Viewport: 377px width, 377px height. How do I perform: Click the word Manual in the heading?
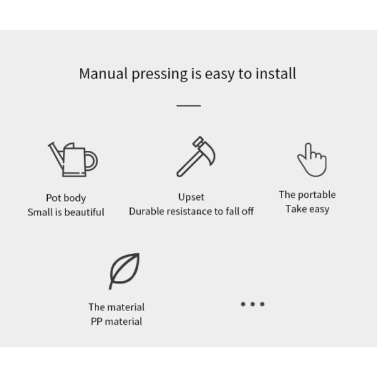click(x=104, y=74)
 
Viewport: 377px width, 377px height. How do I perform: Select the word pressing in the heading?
click(x=160, y=75)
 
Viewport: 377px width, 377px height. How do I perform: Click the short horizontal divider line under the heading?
click(x=188, y=106)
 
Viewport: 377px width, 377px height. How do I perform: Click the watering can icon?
click(x=73, y=160)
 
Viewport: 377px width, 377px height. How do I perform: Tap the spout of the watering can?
click(x=56, y=155)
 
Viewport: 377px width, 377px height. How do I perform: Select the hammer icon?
click(x=195, y=156)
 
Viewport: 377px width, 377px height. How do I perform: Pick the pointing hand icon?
click(x=312, y=160)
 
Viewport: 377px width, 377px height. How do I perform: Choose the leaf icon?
click(x=124, y=271)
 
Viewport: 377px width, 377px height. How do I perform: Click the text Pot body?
click(x=66, y=198)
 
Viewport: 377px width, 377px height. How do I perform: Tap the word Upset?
click(x=192, y=197)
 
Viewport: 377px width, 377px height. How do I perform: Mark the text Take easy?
click(x=307, y=209)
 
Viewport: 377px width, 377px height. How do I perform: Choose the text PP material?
click(x=116, y=322)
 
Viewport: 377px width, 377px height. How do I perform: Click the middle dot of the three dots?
click(x=253, y=304)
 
